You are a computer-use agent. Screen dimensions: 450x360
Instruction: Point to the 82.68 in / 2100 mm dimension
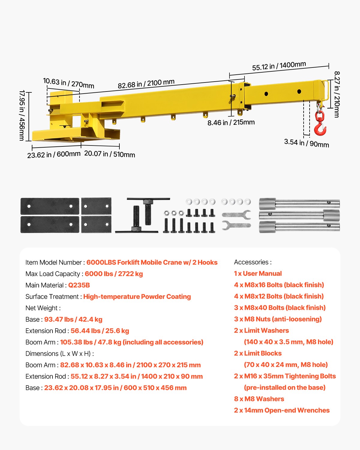(146, 84)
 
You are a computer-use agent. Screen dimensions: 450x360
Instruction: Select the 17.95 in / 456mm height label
(22, 115)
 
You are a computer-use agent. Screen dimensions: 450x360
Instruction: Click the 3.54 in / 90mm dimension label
(306, 143)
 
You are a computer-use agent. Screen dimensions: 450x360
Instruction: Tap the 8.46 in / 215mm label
(231, 122)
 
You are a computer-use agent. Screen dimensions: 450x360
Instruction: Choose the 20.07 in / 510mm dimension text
(109, 154)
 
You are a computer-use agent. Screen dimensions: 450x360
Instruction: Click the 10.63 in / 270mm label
(68, 83)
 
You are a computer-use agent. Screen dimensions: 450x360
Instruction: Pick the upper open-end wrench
(236, 214)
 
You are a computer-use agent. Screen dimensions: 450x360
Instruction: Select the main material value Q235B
(79, 285)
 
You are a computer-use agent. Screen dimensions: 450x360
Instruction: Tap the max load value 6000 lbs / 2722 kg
(114, 274)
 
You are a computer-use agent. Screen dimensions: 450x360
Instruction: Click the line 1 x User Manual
(258, 274)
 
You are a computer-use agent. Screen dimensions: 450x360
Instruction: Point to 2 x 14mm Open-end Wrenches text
(282, 410)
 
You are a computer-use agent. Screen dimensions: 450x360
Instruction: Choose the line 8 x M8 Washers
(259, 399)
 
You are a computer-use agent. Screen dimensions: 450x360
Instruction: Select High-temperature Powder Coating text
(137, 297)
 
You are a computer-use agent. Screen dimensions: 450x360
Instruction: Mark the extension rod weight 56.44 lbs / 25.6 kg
(100, 331)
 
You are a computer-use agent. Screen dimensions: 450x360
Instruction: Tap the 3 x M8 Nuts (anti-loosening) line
(277, 319)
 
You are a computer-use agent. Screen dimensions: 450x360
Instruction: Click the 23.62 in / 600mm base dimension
(54, 155)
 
